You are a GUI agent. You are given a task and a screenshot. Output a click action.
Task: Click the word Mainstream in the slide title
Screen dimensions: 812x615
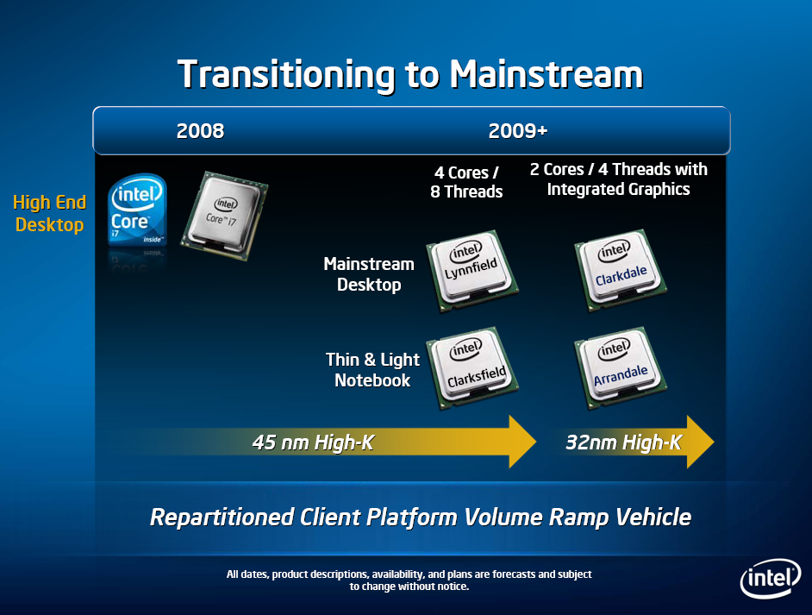point(546,74)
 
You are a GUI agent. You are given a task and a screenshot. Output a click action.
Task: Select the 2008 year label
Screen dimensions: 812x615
point(200,131)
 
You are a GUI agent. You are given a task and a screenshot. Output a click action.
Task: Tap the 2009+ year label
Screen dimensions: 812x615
point(518,131)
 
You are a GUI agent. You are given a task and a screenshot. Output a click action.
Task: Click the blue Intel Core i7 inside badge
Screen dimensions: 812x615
point(137,209)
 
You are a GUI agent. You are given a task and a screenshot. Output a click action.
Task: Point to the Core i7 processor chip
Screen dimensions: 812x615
point(224,216)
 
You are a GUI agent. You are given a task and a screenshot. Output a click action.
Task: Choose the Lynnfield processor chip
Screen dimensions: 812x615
point(472,270)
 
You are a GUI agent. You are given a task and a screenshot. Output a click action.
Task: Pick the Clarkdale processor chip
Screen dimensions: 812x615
point(621,269)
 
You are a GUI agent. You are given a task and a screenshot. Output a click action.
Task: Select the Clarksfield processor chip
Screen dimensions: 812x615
point(472,367)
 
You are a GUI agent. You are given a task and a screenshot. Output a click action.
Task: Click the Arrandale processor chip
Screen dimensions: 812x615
point(621,367)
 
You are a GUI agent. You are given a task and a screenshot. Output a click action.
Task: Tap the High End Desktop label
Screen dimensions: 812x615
point(50,213)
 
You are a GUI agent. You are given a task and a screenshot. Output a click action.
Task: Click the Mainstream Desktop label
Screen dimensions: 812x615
point(369,274)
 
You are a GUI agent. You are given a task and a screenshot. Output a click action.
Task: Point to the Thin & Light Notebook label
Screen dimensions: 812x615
point(373,370)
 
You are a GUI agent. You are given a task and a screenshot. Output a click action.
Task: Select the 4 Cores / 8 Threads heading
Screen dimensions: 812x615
point(466,182)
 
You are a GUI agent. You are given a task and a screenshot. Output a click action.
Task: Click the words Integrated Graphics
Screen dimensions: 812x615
point(618,190)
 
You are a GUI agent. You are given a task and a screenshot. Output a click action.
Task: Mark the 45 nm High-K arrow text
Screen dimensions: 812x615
point(313,442)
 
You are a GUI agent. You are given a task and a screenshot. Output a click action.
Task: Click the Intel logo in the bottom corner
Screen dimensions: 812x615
point(771,578)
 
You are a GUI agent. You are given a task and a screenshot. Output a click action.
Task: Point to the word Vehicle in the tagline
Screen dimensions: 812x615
point(654,517)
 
